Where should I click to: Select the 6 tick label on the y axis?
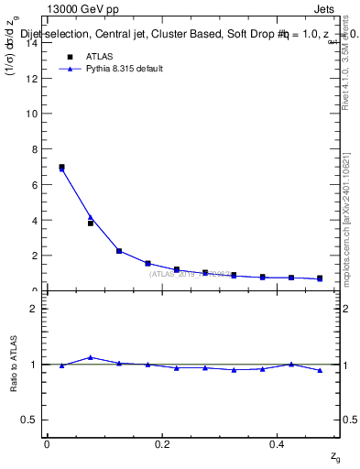click(35, 185)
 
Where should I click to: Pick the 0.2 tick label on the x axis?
click(162, 444)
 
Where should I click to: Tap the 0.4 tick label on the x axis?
click(278, 444)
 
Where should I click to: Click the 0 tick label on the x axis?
click(47, 444)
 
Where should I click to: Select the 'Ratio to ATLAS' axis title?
click(12, 364)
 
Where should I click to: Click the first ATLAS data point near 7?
click(61, 167)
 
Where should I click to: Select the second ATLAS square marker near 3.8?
click(91, 223)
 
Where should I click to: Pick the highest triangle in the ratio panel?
click(90, 357)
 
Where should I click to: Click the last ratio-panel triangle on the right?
click(320, 370)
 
